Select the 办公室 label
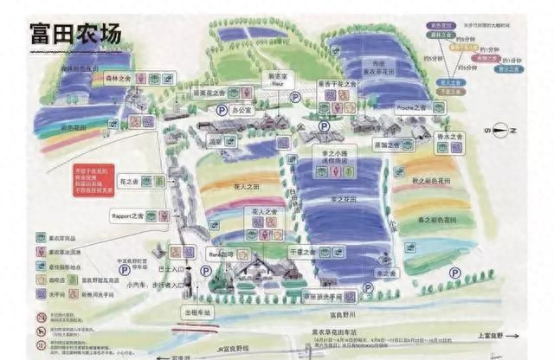click(241, 111)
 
